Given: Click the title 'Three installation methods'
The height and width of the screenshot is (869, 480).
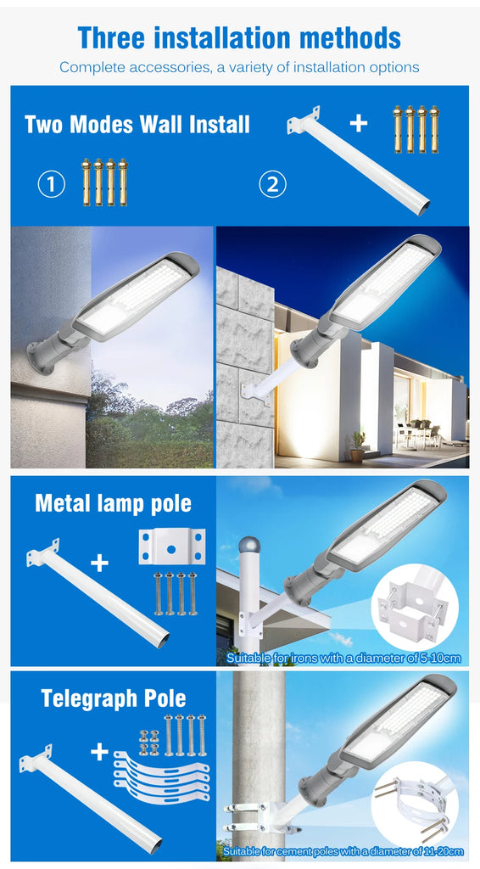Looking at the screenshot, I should pyautogui.click(x=239, y=37).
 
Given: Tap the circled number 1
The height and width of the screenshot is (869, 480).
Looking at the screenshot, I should pyautogui.click(x=52, y=183).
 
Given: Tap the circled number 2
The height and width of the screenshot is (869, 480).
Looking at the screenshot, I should pyautogui.click(x=272, y=183).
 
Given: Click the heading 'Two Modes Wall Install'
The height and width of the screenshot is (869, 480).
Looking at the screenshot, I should pyautogui.click(x=137, y=125).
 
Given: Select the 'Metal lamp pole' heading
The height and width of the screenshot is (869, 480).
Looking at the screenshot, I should pyautogui.click(x=113, y=503).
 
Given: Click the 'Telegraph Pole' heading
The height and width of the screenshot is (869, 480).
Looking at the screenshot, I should pyautogui.click(x=114, y=698).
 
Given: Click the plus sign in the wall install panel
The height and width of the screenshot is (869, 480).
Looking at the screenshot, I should pyautogui.click(x=359, y=123).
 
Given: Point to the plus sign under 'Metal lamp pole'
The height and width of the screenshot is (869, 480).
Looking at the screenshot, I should pyautogui.click(x=99, y=563).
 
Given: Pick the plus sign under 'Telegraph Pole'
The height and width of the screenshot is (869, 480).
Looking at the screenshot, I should pyautogui.click(x=100, y=752).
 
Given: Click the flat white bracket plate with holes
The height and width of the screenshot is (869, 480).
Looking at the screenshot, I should pyautogui.click(x=172, y=547).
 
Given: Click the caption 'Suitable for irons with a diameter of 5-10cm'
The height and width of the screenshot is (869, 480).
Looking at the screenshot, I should pyautogui.click(x=343, y=658).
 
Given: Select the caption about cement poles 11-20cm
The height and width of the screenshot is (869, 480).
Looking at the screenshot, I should pyautogui.click(x=343, y=850).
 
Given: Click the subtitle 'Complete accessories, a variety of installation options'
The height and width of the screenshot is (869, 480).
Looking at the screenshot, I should pyautogui.click(x=239, y=67).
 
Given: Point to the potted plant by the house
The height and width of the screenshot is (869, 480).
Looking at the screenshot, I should pyautogui.click(x=357, y=444).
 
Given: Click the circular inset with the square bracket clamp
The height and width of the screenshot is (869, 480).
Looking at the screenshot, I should pyautogui.click(x=415, y=608).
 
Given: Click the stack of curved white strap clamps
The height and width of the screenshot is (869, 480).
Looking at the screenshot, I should pyautogui.click(x=161, y=776).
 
